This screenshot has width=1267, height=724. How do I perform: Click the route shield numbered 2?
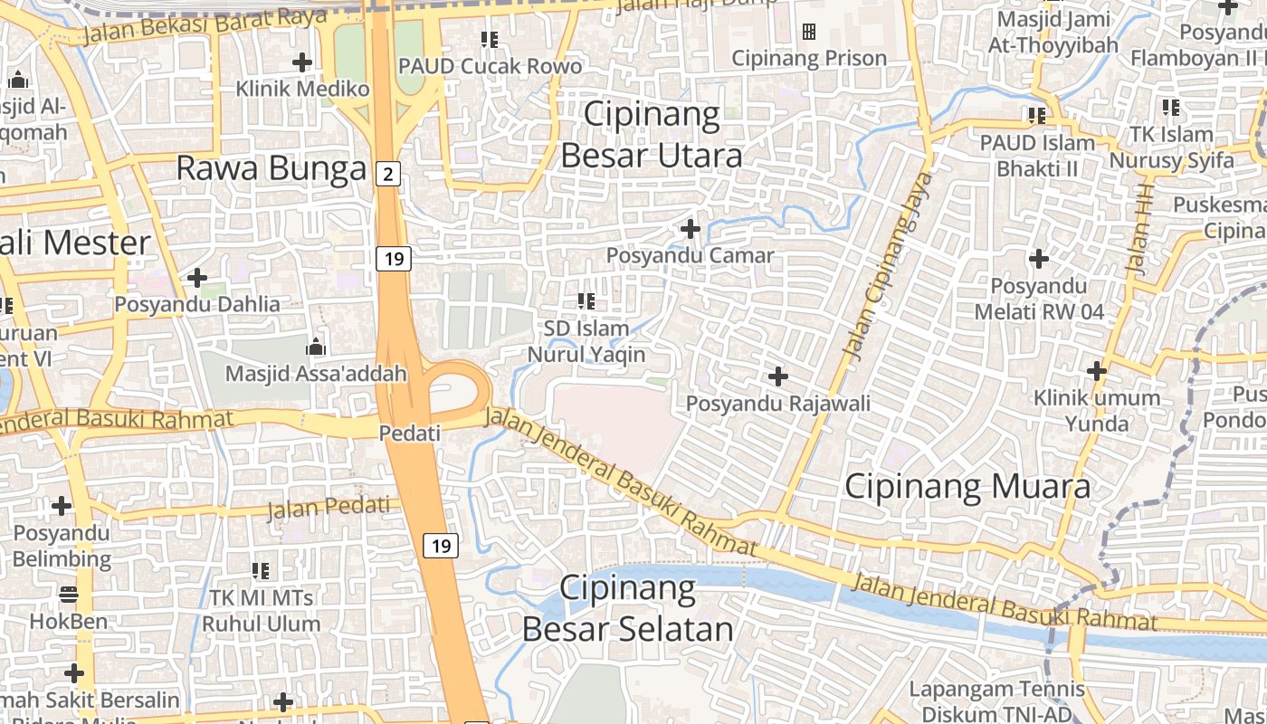388,174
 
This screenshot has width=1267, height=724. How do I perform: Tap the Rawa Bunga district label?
271,168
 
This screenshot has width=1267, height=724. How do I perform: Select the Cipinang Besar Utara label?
652,135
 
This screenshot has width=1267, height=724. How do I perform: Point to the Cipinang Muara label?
967,487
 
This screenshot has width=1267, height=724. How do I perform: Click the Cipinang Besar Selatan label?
628,608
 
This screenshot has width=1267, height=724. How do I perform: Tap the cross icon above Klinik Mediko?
302,62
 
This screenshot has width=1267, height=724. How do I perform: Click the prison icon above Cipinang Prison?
809,32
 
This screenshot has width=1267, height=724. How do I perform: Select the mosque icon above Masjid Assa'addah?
315,347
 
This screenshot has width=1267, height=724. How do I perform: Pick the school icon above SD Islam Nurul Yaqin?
586,300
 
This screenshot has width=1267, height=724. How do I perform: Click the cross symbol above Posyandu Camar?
691,229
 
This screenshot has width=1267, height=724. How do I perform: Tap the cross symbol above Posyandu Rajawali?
777,376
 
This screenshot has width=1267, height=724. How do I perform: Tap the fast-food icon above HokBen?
68,595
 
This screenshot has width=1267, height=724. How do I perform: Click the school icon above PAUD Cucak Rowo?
490,39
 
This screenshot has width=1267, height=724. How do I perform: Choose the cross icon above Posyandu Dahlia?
197,277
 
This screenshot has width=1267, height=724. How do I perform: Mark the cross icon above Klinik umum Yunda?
1097,370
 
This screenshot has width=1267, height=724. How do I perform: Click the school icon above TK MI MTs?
261,570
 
